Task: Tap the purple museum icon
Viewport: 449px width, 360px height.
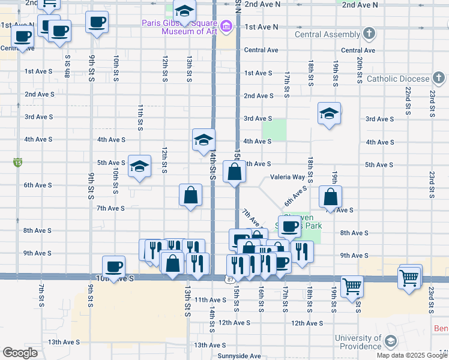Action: click(226, 26)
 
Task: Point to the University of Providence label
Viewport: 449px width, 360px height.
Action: click(358, 342)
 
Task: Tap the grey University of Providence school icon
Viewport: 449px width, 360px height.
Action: click(390, 342)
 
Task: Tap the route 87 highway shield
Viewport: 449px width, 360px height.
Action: click(231, 280)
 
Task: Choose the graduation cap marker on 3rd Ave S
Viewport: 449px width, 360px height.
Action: click(329, 113)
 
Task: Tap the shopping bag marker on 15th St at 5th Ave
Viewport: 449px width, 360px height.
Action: click(234, 172)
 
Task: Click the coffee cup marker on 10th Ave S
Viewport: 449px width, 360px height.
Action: click(113, 266)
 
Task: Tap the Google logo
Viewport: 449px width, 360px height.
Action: click(20, 353)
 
